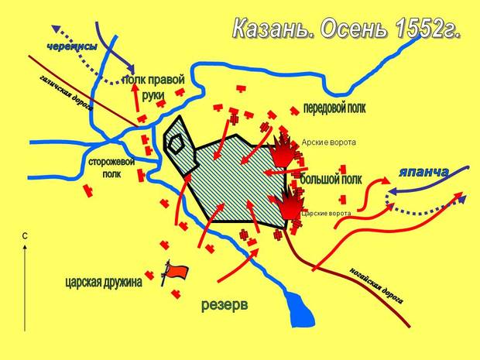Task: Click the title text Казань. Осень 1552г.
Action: click(347, 31)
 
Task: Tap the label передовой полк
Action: click(334, 108)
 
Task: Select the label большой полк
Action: click(331, 180)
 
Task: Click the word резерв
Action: click(225, 304)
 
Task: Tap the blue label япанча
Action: click(423, 172)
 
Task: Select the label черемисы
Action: click(71, 47)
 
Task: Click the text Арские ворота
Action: click(324, 142)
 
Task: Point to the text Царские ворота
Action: click(325, 213)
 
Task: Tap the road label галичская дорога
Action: click(65, 94)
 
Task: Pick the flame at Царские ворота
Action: click(289, 202)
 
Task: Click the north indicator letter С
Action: click(26, 235)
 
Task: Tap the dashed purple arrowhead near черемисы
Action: click(133, 74)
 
